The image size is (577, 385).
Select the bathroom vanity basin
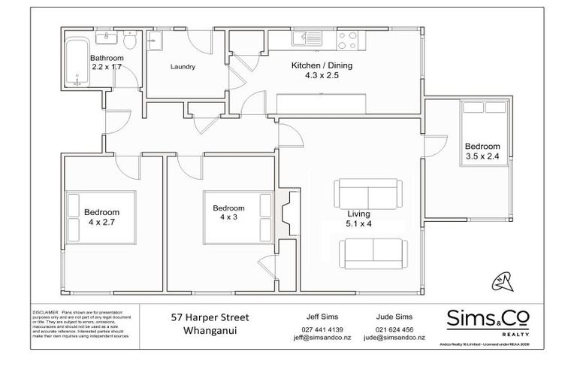coord(104,36)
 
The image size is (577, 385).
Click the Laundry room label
coord(183,67)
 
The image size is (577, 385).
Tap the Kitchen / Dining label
coord(322,65)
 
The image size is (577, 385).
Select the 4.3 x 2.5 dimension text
coord(322,76)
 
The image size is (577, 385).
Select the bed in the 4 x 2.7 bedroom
coord(101,217)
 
